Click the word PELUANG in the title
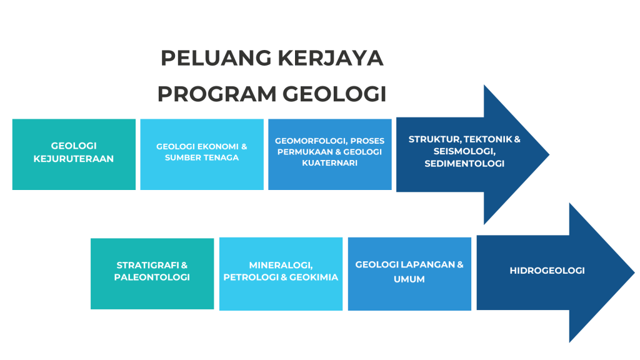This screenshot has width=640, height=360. pyautogui.click(x=216, y=58)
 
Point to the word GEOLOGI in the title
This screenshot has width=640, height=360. pyautogui.click(x=334, y=94)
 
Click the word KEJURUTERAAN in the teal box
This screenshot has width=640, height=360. pyautogui.click(x=74, y=159)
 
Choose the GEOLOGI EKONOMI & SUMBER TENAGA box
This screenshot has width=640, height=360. pyautogui.click(x=202, y=154)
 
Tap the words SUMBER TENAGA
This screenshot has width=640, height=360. pyautogui.click(x=202, y=157)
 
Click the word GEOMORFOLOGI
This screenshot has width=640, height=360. pyautogui.click(x=311, y=141)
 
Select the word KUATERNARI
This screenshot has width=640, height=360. pyautogui.click(x=330, y=163)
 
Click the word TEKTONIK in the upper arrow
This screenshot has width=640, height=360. pyautogui.click(x=486, y=139)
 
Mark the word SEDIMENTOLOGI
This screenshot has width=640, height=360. pyautogui.click(x=464, y=164)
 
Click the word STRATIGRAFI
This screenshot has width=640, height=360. pyautogui.click(x=147, y=265)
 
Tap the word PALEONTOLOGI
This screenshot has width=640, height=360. pyautogui.click(x=152, y=277)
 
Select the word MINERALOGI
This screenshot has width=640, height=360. pyautogui.click(x=281, y=265)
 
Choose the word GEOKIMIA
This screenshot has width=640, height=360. pyautogui.click(x=314, y=277)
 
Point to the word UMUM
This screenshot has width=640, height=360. pyautogui.click(x=409, y=279)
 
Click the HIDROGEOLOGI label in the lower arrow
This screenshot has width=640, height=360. pyautogui.click(x=547, y=271)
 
